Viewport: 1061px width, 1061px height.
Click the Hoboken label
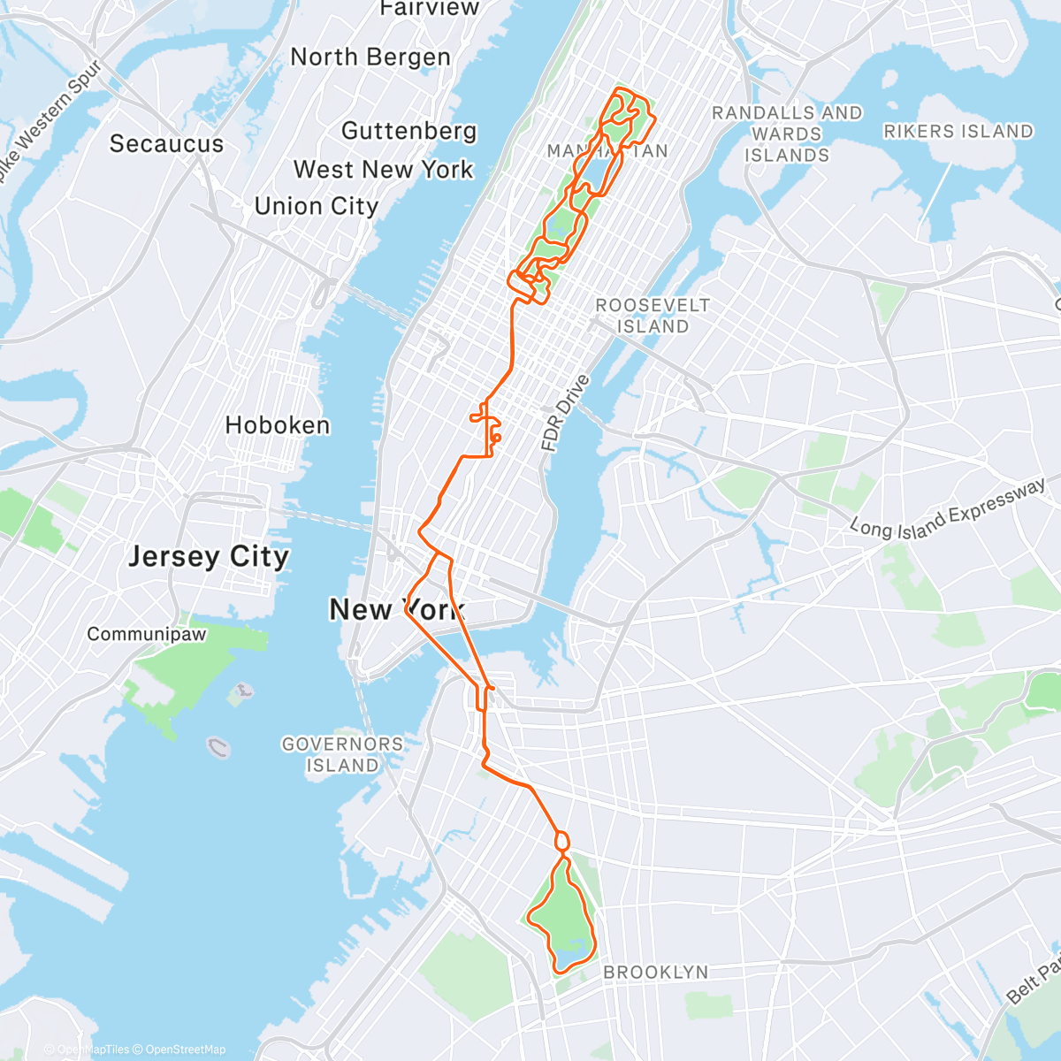coord(277,425)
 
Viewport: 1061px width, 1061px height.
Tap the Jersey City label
coord(209,557)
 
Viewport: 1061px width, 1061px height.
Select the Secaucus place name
coord(166,143)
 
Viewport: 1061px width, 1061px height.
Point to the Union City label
coord(317,206)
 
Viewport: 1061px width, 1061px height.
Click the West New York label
coord(384,169)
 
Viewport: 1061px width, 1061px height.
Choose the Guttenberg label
coord(408,131)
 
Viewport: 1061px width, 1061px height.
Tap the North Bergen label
coord(370,57)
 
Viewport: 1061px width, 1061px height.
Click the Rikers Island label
coord(958,132)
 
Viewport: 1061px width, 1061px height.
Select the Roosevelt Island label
coord(653,316)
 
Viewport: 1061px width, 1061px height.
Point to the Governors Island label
coord(342,754)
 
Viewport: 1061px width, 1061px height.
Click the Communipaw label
coord(147,634)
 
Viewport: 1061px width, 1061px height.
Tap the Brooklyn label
coord(655,972)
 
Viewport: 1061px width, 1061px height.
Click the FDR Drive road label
coord(565,414)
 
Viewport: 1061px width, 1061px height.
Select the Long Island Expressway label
coord(947,511)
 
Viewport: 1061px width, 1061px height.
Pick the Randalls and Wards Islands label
coord(787,134)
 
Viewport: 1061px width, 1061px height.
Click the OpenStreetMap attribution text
coord(185,1050)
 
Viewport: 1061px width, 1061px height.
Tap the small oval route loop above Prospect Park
coord(561,841)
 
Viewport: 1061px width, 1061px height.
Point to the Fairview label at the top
coord(416,9)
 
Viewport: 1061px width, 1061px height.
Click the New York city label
coord(395,609)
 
